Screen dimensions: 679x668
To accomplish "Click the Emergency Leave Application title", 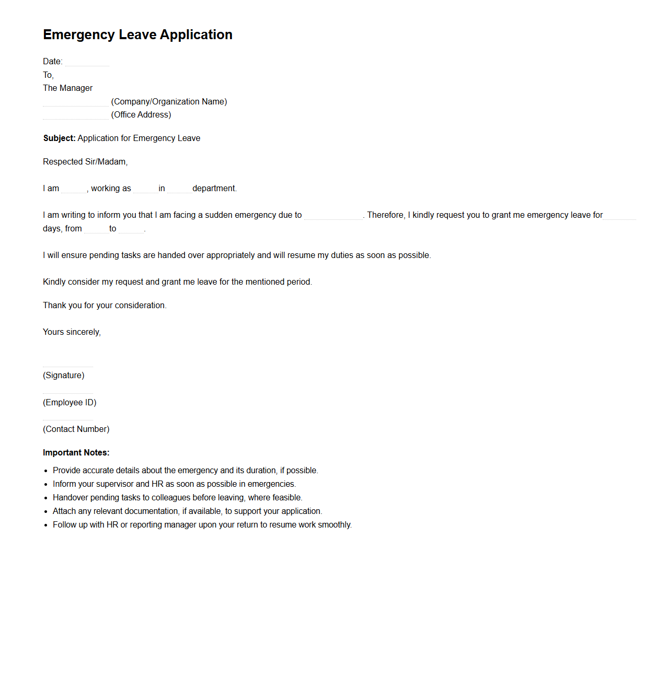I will point(137,34).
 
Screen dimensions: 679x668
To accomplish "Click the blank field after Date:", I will point(87,62).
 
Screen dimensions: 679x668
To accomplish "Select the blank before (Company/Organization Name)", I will point(75,102).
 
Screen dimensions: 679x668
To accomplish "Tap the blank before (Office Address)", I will point(75,115).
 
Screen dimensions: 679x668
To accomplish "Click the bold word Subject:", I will point(59,138).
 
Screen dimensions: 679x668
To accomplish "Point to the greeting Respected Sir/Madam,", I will point(85,162).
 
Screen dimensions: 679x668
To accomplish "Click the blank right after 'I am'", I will point(73,189).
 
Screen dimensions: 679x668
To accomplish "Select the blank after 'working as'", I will point(145,189).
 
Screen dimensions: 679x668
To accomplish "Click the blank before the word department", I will point(179,189).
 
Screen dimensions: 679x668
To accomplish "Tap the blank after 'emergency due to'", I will point(333,216).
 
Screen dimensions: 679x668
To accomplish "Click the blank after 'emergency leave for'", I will point(619,216).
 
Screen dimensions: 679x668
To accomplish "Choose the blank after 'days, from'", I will point(96,229).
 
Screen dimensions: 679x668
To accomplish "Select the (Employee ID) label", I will point(70,403).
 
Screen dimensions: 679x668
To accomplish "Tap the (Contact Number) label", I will point(76,429).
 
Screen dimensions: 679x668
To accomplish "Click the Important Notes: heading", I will point(76,453).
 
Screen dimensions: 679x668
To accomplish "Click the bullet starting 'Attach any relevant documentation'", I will point(187,511).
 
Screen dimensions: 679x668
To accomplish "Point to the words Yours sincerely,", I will point(72,332).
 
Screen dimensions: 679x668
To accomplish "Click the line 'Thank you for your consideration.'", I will point(105,306).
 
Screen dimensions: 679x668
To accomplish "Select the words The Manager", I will point(67,88).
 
